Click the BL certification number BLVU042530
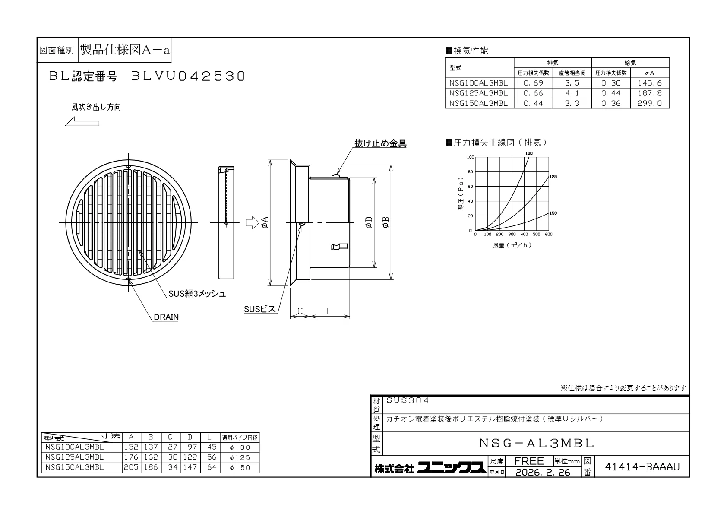188,76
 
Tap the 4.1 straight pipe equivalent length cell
572,93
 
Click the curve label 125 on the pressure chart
553,177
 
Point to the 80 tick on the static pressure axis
470,172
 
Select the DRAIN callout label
166,317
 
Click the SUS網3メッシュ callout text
197,294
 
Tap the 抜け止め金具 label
380,143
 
